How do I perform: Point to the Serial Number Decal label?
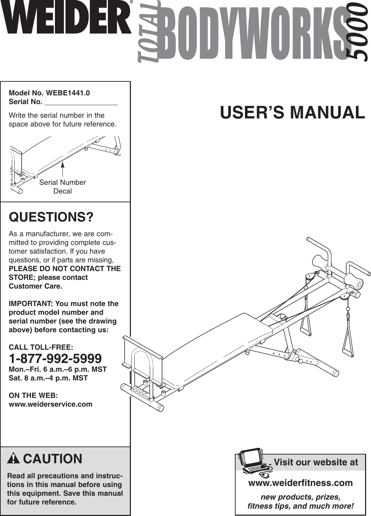[x=62, y=187]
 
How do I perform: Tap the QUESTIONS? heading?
[x=51, y=217]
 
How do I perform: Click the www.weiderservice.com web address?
[x=50, y=404]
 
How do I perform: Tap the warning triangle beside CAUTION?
[x=14, y=458]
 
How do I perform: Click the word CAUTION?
[x=53, y=458]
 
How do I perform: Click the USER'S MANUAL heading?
[x=292, y=112]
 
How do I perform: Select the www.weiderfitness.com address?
[x=300, y=483]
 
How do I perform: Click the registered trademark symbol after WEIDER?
[x=131, y=2]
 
